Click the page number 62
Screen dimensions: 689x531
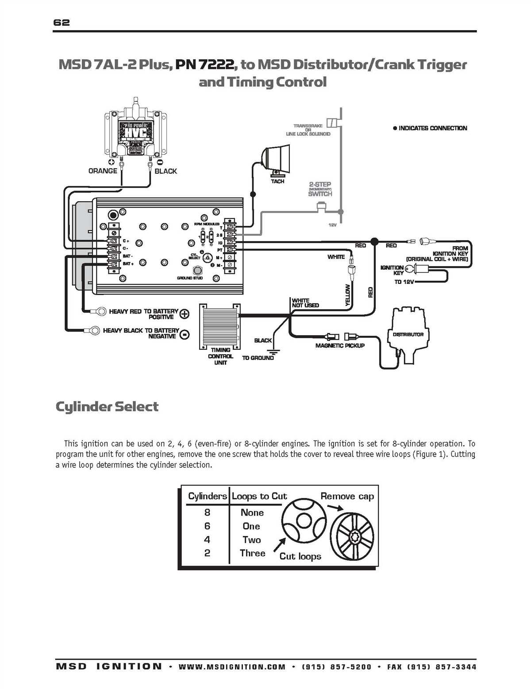point(62,23)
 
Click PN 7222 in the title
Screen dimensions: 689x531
point(204,65)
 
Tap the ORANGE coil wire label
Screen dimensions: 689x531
point(103,171)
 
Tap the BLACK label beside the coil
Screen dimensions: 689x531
point(165,171)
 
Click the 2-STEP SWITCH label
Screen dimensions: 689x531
point(320,189)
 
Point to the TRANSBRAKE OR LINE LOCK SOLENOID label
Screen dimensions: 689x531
point(308,130)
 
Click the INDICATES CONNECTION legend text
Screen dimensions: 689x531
point(432,128)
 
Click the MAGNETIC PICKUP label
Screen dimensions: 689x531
point(340,345)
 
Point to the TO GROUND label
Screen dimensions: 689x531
point(258,358)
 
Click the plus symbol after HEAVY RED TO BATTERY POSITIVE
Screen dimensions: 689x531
point(185,314)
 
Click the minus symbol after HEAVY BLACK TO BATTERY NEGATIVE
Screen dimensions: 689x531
point(185,334)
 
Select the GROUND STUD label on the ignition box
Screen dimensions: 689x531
point(190,278)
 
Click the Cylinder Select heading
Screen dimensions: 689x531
point(107,406)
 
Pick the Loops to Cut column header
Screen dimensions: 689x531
point(259,496)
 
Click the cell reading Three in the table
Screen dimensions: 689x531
point(252,553)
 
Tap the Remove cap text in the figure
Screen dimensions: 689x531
point(347,496)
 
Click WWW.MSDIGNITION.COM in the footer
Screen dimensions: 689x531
point(232,667)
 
